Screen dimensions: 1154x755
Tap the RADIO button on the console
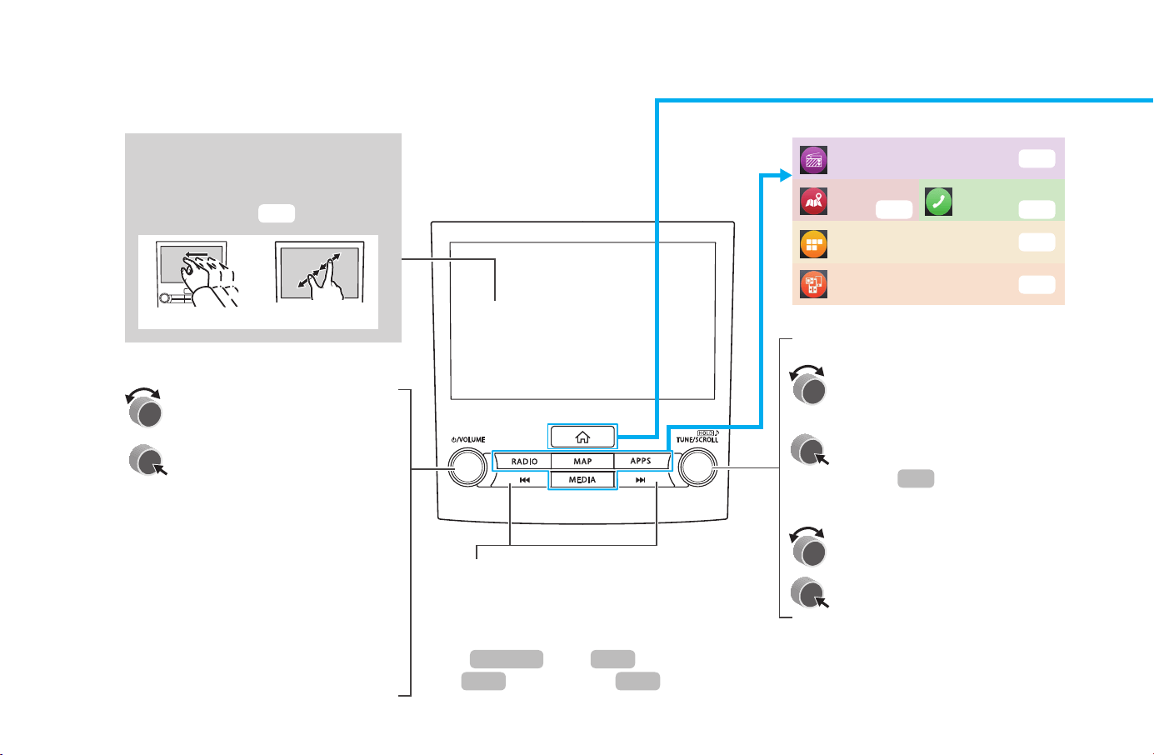pyautogui.click(x=523, y=461)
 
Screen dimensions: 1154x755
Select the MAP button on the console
pyautogui.click(x=582, y=461)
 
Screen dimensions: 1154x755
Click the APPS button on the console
pyautogui.click(x=642, y=461)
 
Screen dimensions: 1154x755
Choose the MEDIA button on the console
pyautogui.click(x=582, y=480)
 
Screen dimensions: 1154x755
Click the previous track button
pyautogui.click(x=524, y=480)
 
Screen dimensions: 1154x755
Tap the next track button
pyautogui.click(x=641, y=480)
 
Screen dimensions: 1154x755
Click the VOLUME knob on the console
pyautogui.click(x=467, y=467)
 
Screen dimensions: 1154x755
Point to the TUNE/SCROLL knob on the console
pyautogui.click(x=697, y=467)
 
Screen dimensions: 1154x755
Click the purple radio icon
pyautogui.click(x=813, y=160)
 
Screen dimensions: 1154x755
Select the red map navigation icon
pyautogui.click(x=813, y=201)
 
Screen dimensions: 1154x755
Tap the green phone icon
pyautogui.click(x=938, y=201)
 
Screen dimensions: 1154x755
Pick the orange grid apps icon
pyautogui.click(x=813, y=244)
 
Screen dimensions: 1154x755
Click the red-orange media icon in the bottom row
pyautogui.click(x=813, y=284)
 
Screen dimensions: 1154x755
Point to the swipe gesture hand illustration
pyautogui.click(x=198, y=274)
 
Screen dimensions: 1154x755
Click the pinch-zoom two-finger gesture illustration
pyautogui.click(x=320, y=272)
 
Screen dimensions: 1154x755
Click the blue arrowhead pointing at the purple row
pyautogui.click(x=786, y=176)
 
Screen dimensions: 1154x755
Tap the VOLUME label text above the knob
pyautogui.click(x=467, y=440)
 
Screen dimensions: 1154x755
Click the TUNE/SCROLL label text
pyautogui.click(x=697, y=440)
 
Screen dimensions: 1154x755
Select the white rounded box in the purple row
pyautogui.click(x=1037, y=158)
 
